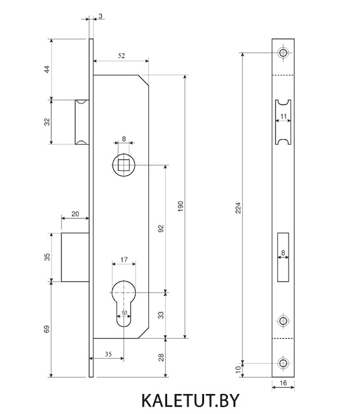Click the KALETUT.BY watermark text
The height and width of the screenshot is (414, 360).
coord(190,400)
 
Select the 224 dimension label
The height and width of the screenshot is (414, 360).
coord(238,208)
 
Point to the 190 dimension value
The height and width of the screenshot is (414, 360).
coord(180,207)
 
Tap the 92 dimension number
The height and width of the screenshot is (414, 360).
coord(161,229)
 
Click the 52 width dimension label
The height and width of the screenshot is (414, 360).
coord(121,56)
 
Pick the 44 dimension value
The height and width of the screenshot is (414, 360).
coord(47,70)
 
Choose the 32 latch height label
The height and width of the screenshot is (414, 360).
coord(47,122)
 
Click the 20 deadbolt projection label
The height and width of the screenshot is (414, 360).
coord(75,214)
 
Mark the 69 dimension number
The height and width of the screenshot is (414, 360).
coord(47,329)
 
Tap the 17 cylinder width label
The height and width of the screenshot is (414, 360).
coord(124,260)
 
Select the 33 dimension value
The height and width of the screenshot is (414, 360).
coord(161,315)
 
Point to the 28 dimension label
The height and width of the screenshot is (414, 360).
coord(161,358)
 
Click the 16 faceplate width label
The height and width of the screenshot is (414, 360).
coord(283,383)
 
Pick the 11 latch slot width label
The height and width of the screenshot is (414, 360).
coord(283,116)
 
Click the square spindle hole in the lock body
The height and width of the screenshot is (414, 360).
coord(124,165)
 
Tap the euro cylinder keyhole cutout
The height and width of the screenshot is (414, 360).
coord(124,303)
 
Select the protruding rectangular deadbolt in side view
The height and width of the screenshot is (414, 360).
coord(75,257)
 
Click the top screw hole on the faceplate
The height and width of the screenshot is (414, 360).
coord(283,53)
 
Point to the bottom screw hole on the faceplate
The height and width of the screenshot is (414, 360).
coord(283,363)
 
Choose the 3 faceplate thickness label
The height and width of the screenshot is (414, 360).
coord(100,16)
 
